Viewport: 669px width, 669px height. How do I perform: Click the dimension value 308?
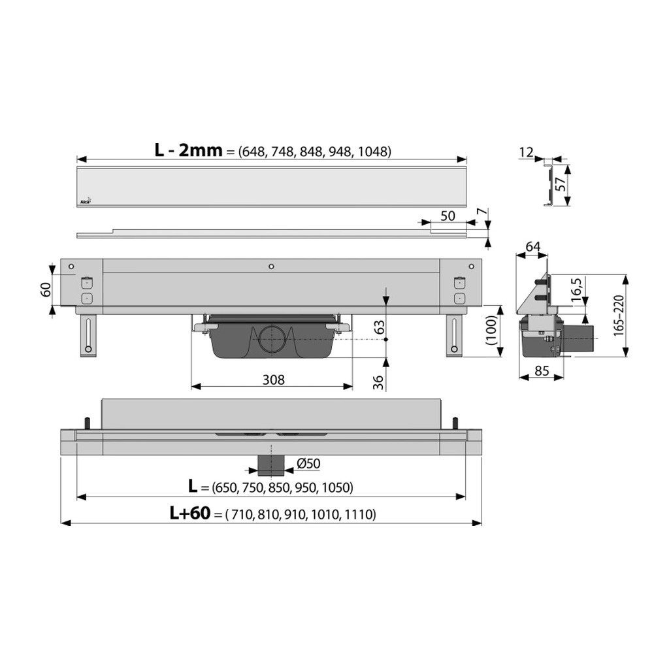tap(273, 380)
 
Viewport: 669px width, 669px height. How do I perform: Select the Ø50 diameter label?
tap(308, 463)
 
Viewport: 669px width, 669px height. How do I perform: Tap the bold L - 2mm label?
tap(188, 150)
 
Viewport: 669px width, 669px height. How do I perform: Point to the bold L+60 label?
tap(190, 514)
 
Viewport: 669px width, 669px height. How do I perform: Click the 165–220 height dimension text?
tap(619, 316)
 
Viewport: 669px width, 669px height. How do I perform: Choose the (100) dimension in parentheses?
tap(491, 331)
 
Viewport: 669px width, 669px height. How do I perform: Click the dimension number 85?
tap(542, 371)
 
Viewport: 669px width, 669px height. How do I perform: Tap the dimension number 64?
tap(533, 246)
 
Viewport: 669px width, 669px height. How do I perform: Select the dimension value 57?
tap(561, 184)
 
